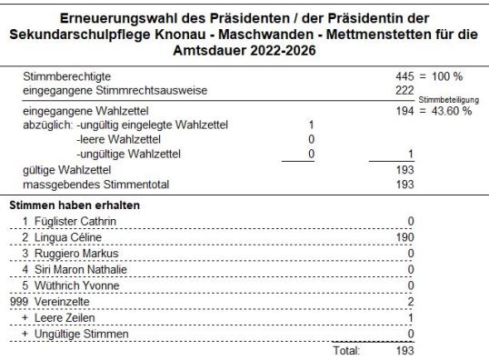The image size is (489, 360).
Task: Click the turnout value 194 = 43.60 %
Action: coord(433,110)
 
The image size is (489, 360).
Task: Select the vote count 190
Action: coord(405,236)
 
